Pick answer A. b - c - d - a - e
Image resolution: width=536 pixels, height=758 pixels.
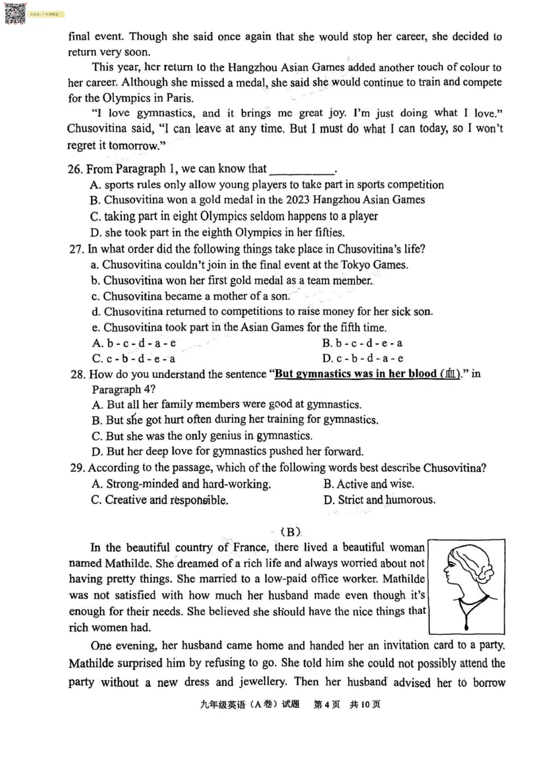pos(134,343)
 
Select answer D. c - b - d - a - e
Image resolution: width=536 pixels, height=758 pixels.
pos(362,359)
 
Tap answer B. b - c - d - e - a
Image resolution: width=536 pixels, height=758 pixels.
pos(362,343)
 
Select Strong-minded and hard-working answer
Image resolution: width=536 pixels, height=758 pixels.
pos(182,484)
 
